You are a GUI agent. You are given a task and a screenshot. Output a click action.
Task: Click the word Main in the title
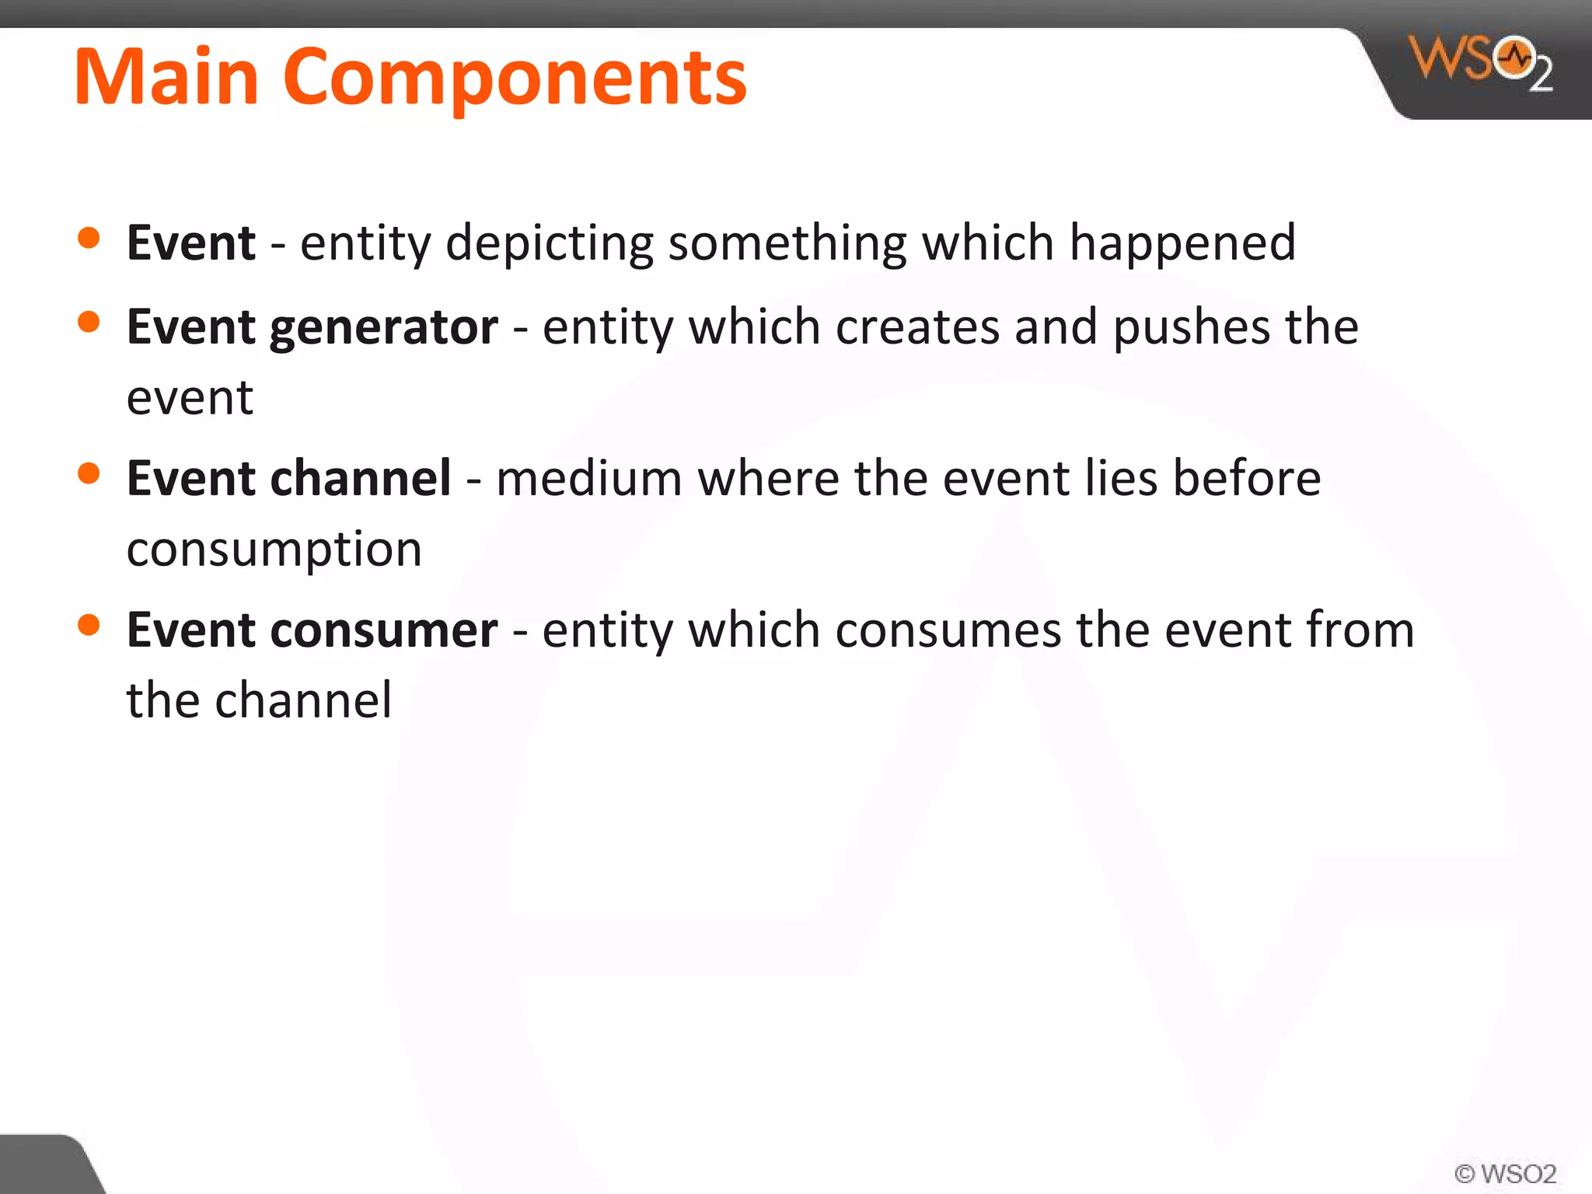(166, 77)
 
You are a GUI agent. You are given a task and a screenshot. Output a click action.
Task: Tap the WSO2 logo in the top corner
(1481, 62)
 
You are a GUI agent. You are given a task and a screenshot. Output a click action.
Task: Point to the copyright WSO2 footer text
(1505, 1173)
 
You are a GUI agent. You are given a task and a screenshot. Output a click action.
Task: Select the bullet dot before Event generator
(89, 322)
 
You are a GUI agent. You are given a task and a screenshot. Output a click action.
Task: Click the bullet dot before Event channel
(89, 473)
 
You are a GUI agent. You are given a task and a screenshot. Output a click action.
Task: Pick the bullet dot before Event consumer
(89, 624)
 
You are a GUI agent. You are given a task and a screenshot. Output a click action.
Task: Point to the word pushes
(1192, 326)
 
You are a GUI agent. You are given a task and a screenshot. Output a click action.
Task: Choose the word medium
(589, 478)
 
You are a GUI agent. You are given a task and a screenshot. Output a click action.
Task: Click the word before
(1247, 478)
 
